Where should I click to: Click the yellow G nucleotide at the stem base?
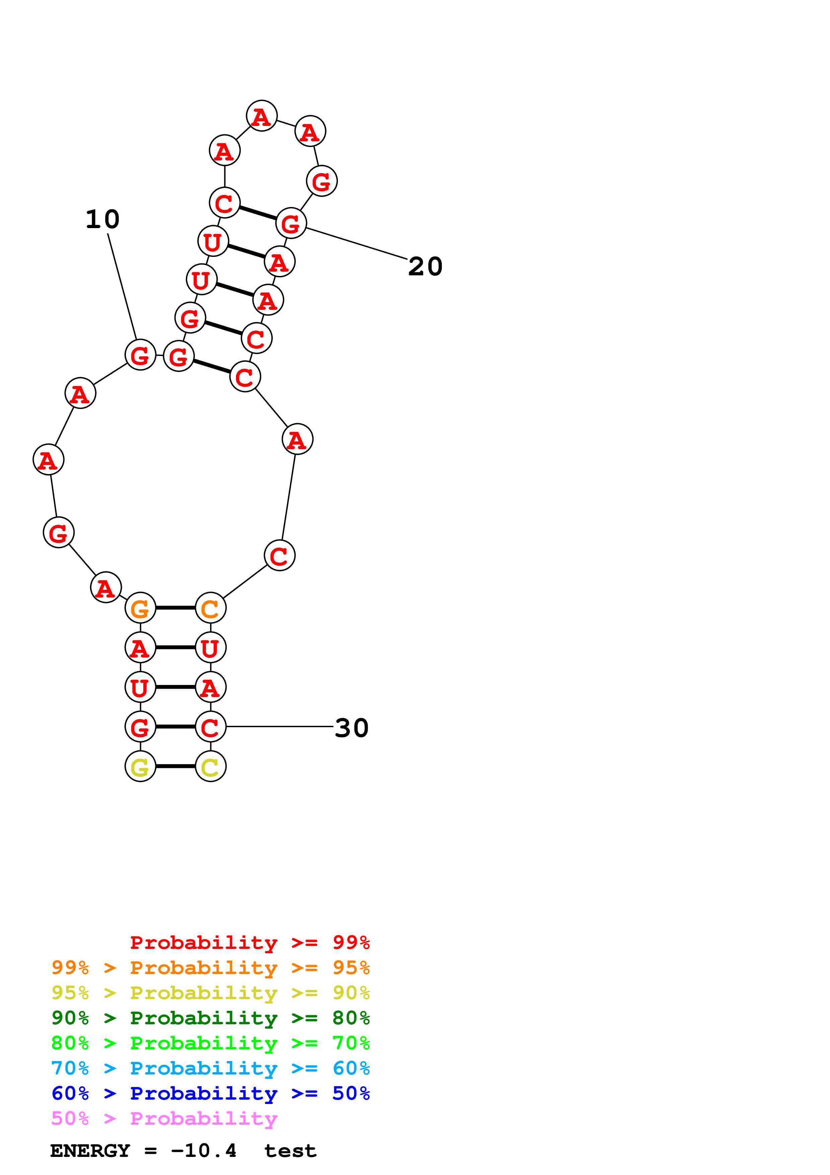[x=140, y=766]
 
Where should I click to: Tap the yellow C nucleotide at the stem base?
[x=210, y=766]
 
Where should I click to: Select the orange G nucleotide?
[x=140, y=608]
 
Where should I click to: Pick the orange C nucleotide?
[x=210, y=608]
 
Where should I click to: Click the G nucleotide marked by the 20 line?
[x=291, y=223]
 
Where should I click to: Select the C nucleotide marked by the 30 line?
[x=210, y=726]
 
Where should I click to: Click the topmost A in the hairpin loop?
[x=261, y=116]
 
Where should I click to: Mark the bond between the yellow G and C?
[x=175, y=766]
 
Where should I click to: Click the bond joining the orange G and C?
[x=175, y=608]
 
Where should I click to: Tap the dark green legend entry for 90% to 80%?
[x=210, y=1018]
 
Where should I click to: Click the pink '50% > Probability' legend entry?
[x=164, y=1118]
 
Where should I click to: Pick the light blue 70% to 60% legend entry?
[x=210, y=1068]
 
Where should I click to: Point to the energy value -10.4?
[x=204, y=1151]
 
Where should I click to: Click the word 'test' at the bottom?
[x=290, y=1151]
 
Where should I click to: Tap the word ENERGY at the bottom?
[x=90, y=1151]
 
